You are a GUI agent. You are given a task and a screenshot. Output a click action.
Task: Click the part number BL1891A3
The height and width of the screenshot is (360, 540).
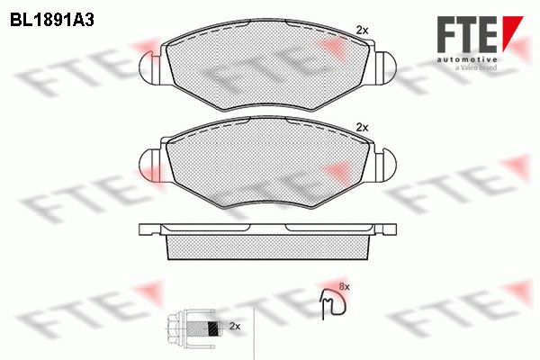pyautogui.click(x=52, y=21)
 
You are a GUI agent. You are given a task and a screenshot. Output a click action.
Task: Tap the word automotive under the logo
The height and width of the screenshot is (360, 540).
pyautogui.click(x=467, y=59)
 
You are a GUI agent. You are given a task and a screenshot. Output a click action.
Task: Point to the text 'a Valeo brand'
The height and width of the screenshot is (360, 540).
pyautogui.click(x=475, y=67)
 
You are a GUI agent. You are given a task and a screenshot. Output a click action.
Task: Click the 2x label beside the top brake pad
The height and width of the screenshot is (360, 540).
pyautogui.click(x=362, y=31)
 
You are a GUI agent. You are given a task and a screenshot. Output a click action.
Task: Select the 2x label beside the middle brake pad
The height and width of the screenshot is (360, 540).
pyautogui.click(x=362, y=128)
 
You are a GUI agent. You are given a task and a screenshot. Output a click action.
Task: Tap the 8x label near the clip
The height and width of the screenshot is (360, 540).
pyautogui.click(x=345, y=286)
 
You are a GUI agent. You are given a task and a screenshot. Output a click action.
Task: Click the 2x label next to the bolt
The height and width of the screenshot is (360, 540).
pyautogui.click(x=235, y=326)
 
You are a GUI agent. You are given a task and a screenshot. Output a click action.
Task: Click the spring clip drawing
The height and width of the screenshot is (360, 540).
pyautogui.click(x=333, y=303)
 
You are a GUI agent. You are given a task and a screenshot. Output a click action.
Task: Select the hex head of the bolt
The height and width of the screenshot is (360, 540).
pyautogui.click(x=175, y=326)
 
